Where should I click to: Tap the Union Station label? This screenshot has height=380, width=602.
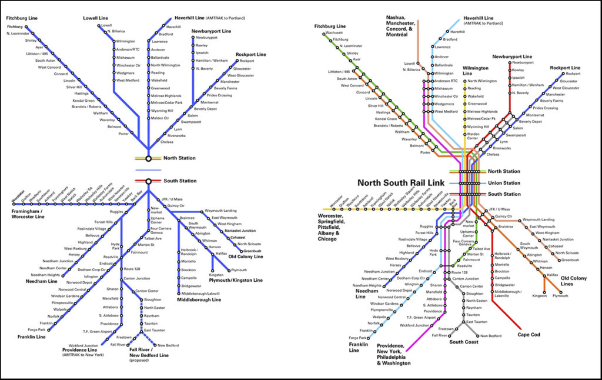coord(504,183)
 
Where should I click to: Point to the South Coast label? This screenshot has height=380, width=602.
coord(463,342)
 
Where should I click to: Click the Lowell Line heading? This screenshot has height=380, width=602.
coord(95,18)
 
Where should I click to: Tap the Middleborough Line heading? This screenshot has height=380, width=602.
coord(199,300)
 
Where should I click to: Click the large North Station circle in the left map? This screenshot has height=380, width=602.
coord(149,158)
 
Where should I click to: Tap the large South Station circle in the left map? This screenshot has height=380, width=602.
coord(149,181)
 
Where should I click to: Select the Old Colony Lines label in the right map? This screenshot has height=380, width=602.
coord(573,280)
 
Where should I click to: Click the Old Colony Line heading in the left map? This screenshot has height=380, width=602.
coord(245,256)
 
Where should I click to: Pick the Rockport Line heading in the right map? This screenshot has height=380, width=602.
coord(565,68)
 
